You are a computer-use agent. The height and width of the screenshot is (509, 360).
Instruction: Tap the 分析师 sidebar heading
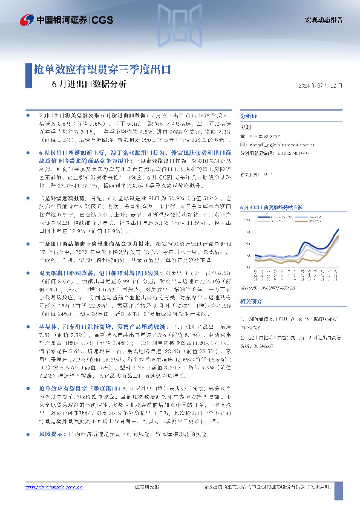[249, 114]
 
